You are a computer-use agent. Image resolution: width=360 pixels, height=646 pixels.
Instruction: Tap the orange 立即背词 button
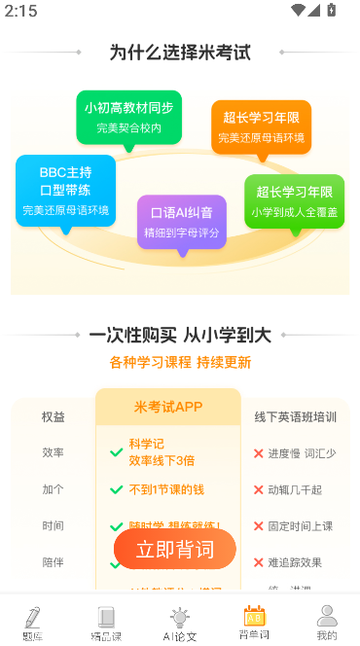coord(175,550)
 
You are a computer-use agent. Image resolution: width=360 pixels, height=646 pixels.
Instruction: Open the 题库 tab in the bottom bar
coord(33,623)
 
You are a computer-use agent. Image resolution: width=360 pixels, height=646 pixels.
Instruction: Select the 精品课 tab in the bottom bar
coord(106,623)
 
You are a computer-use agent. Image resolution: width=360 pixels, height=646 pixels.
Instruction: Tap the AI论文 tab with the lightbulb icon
coord(179,623)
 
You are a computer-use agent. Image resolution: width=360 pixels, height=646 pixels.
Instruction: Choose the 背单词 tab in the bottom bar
coord(253,623)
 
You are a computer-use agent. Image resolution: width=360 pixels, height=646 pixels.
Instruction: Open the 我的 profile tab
coord(327,623)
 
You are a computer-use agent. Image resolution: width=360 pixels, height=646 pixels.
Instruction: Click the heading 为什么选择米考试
coord(180,53)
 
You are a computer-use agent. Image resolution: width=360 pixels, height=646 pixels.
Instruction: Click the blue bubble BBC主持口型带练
coord(66,191)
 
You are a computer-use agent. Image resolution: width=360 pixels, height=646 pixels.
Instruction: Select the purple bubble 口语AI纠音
coord(182,222)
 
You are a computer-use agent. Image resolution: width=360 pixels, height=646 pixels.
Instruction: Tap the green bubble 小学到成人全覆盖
coord(294,201)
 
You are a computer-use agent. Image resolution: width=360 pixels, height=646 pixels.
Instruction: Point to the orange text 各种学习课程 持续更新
coord(180,362)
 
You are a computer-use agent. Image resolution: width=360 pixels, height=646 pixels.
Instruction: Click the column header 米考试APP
coord(168,407)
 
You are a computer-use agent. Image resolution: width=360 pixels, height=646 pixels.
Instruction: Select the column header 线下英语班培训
coord(296,416)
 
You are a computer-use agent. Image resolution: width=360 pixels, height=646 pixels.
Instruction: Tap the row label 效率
coord(54,452)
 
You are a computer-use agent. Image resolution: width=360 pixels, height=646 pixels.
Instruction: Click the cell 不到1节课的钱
coord(168,489)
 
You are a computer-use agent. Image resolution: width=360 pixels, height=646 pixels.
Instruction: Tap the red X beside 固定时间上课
coord(258,526)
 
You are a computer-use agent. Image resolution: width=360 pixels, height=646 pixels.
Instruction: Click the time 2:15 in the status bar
coord(20,11)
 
